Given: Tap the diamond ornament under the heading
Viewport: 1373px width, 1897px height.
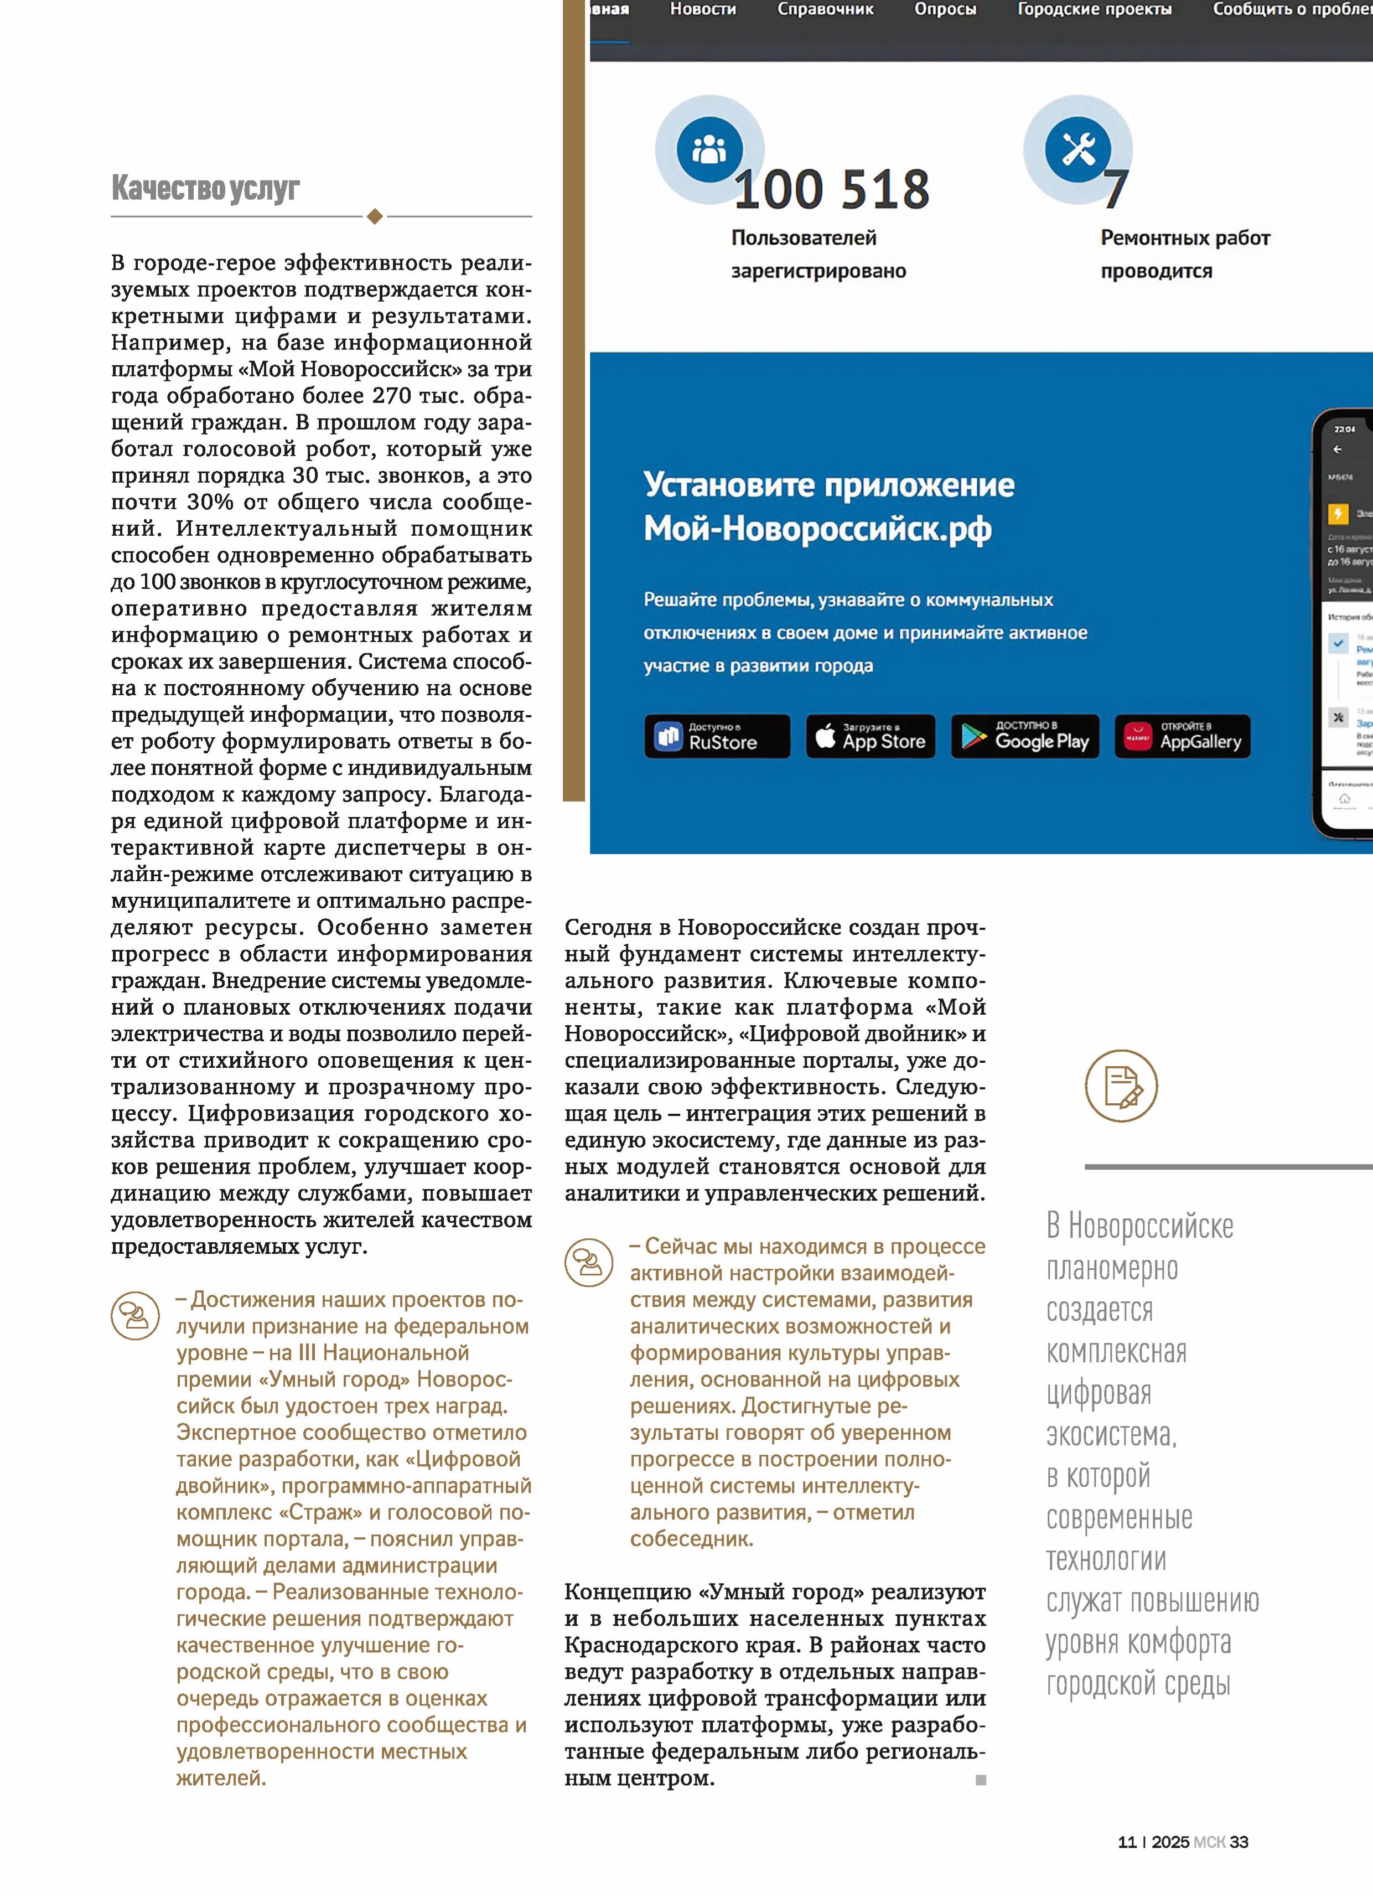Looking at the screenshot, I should click(375, 216).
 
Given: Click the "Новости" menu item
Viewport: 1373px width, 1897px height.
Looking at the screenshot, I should click(702, 10).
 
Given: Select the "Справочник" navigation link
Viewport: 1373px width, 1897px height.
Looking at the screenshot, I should click(825, 10).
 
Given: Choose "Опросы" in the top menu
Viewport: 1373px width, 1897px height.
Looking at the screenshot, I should click(945, 10).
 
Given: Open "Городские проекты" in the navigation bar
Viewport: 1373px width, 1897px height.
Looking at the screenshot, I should click(1094, 10).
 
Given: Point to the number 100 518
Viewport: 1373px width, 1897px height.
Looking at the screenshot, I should click(831, 190).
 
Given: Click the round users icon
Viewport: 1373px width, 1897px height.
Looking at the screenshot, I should click(709, 149).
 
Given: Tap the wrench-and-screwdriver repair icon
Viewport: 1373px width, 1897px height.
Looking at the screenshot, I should click(1078, 149).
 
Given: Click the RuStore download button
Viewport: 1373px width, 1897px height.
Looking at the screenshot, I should click(717, 736).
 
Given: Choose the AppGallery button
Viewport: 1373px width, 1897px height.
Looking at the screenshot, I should click(1183, 736).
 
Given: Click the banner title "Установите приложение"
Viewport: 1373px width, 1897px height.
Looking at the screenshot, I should click(828, 485).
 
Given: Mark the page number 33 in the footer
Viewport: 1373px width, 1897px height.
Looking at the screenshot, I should click(1239, 1842).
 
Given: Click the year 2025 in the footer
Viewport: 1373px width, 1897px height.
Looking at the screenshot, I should click(1170, 1842).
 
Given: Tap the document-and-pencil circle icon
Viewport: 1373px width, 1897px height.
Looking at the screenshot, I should click(1121, 1086).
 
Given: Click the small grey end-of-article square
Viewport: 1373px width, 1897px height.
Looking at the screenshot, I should click(981, 1780).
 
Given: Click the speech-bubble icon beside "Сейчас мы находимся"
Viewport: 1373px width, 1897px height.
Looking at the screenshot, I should click(589, 1262).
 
